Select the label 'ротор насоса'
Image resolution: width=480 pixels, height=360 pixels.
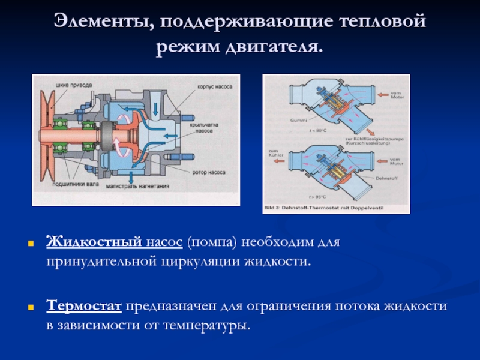209,172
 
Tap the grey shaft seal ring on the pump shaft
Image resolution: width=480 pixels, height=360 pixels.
109,136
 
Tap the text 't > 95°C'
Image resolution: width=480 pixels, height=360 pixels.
318,197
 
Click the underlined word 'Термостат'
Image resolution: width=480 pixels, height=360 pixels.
85,306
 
